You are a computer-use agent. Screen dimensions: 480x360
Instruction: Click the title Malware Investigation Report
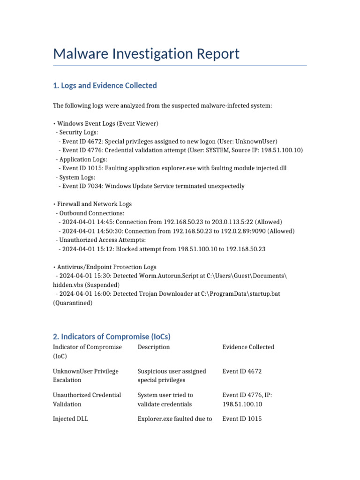point(146,53)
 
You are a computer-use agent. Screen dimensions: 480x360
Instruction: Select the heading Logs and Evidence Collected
point(105,85)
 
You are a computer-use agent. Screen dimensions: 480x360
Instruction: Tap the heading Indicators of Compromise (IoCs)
point(112,337)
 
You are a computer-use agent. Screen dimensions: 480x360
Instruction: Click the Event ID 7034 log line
point(151,186)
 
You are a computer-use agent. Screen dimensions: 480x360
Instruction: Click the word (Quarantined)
point(73,303)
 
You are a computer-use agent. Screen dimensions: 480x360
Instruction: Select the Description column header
point(154,347)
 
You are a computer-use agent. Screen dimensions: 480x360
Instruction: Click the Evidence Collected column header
point(248,347)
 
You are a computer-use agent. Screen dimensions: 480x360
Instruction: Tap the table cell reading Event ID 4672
point(242,371)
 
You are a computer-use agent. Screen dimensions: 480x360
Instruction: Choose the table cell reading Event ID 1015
point(242,419)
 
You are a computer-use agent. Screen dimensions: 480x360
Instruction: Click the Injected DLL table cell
point(70,419)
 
